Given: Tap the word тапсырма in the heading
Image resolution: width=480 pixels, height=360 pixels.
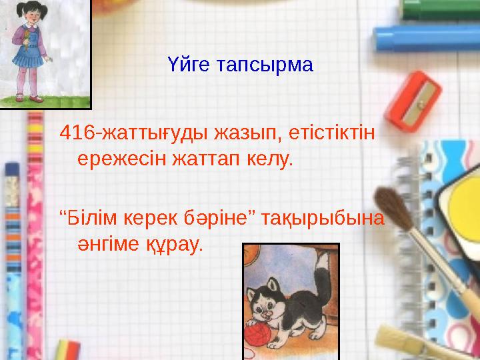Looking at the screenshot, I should point(265,67).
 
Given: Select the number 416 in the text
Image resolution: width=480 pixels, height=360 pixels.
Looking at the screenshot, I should point(77,133).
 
